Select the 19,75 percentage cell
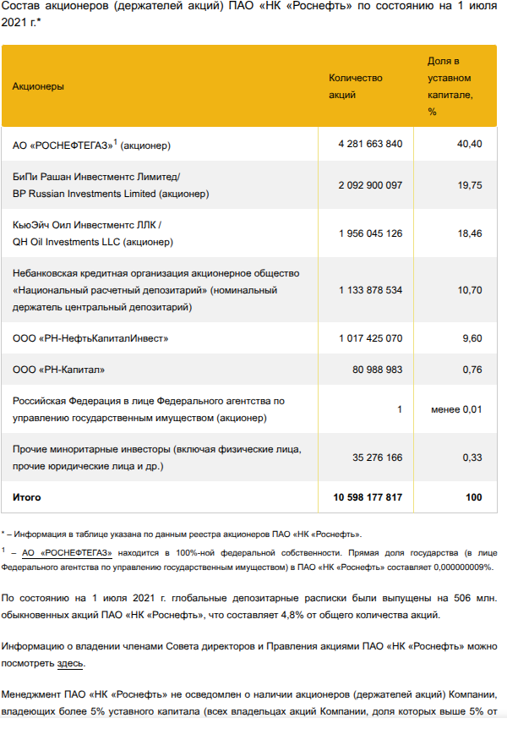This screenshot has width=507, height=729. [469, 185]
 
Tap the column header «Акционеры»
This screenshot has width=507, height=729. [38, 86]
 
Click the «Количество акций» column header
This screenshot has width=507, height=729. [355, 86]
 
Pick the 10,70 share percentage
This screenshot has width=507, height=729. [469, 290]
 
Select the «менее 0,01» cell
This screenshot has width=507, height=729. [455, 409]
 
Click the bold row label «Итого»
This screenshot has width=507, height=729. [26, 497]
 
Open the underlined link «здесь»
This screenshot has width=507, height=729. [70, 664]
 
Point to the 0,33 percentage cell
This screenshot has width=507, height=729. [472, 458]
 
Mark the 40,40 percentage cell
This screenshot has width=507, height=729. [469, 144]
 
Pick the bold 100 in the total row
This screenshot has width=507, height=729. [473, 497]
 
